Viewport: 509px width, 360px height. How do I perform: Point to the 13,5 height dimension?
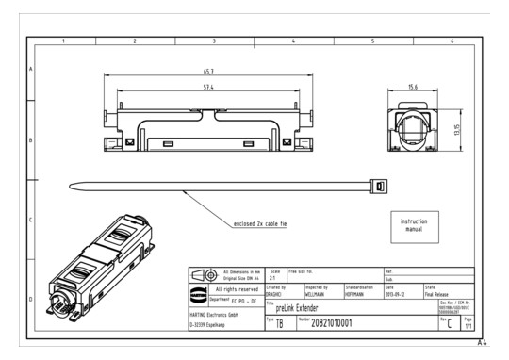point(456,128)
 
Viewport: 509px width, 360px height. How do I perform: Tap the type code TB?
point(279,323)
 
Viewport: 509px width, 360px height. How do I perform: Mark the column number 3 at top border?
point(214,41)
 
